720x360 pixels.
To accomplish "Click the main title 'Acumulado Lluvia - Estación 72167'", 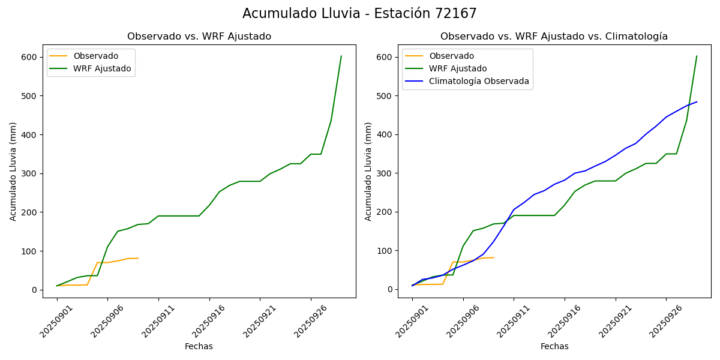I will pos(359,14).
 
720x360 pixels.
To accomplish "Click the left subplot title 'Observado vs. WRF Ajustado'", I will pos(199,37).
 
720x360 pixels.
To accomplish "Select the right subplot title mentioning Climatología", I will pos(554,37).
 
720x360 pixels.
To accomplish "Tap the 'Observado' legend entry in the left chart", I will pos(95,56).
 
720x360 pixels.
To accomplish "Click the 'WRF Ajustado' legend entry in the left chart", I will pos(102,68).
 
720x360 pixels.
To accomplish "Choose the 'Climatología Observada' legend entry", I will pos(479,82).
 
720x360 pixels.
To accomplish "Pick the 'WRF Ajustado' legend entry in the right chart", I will pos(458,68).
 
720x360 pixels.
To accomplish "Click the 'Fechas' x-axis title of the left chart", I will pos(199,346).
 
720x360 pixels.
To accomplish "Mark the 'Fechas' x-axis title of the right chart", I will pos(554,346).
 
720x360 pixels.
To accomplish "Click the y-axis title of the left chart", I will pos(13,171).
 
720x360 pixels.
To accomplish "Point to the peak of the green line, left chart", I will pos(341,56).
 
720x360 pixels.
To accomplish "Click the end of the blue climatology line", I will pos(697,102).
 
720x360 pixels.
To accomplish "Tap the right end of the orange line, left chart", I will pos(138,258).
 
